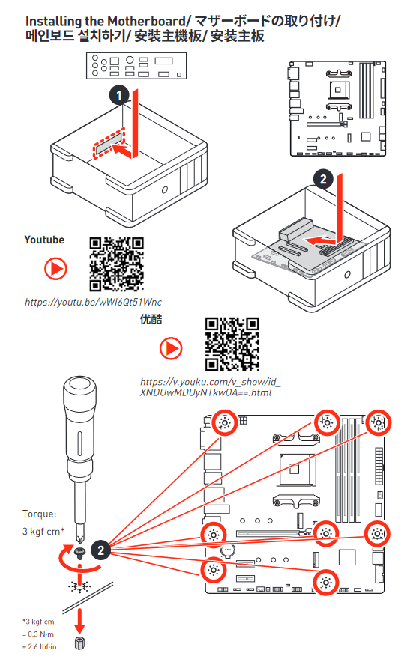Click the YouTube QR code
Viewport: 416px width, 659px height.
pos(116,264)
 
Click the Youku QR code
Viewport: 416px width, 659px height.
pos(232,344)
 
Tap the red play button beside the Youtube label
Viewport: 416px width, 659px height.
pos(55,269)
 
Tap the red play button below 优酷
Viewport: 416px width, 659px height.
pos(171,348)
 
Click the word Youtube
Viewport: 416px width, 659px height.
pos(44,240)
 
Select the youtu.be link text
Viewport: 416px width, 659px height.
pos(93,302)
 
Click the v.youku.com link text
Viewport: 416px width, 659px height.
pos(210,387)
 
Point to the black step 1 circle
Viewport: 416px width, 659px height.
pos(119,95)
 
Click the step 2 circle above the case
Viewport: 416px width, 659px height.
pos(323,180)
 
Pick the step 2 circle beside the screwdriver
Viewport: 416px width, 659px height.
pos(100,550)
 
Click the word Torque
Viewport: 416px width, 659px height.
pos(39,514)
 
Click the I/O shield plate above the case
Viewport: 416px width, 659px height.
pos(136,66)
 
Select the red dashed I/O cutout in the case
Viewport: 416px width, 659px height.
pos(109,144)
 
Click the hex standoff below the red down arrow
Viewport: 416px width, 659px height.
pos(79,643)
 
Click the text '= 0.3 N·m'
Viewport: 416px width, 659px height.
pos(38,634)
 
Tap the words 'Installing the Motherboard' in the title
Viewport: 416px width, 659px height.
pos(106,21)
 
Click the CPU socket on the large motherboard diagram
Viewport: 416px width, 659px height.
pos(297,470)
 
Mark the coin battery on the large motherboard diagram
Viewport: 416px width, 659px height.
pos(228,550)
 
